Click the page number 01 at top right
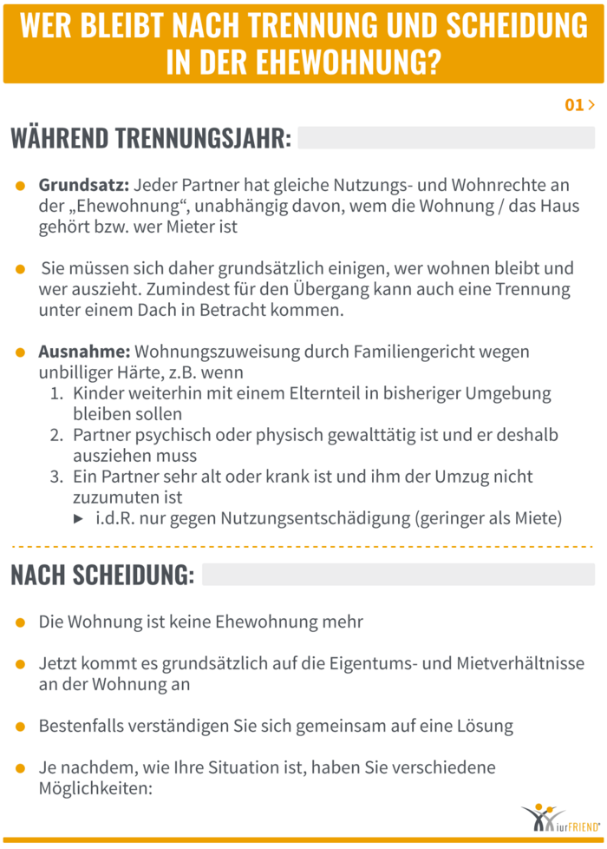[x=574, y=105]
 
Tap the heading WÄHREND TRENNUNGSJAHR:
[x=151, y=138]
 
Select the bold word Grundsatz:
[x=84, y=186]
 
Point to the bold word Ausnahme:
[x=84, y=352]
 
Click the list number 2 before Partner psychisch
[x=55, y=435]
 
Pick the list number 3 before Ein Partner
[x=55, y=477]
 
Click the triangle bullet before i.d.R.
[x=79, y=519]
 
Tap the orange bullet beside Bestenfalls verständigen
[x=21, y=725]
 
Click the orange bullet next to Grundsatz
[x=21, y=187]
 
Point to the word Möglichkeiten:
[x=95, y=788]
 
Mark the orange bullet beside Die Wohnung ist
[x=21, y=622]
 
